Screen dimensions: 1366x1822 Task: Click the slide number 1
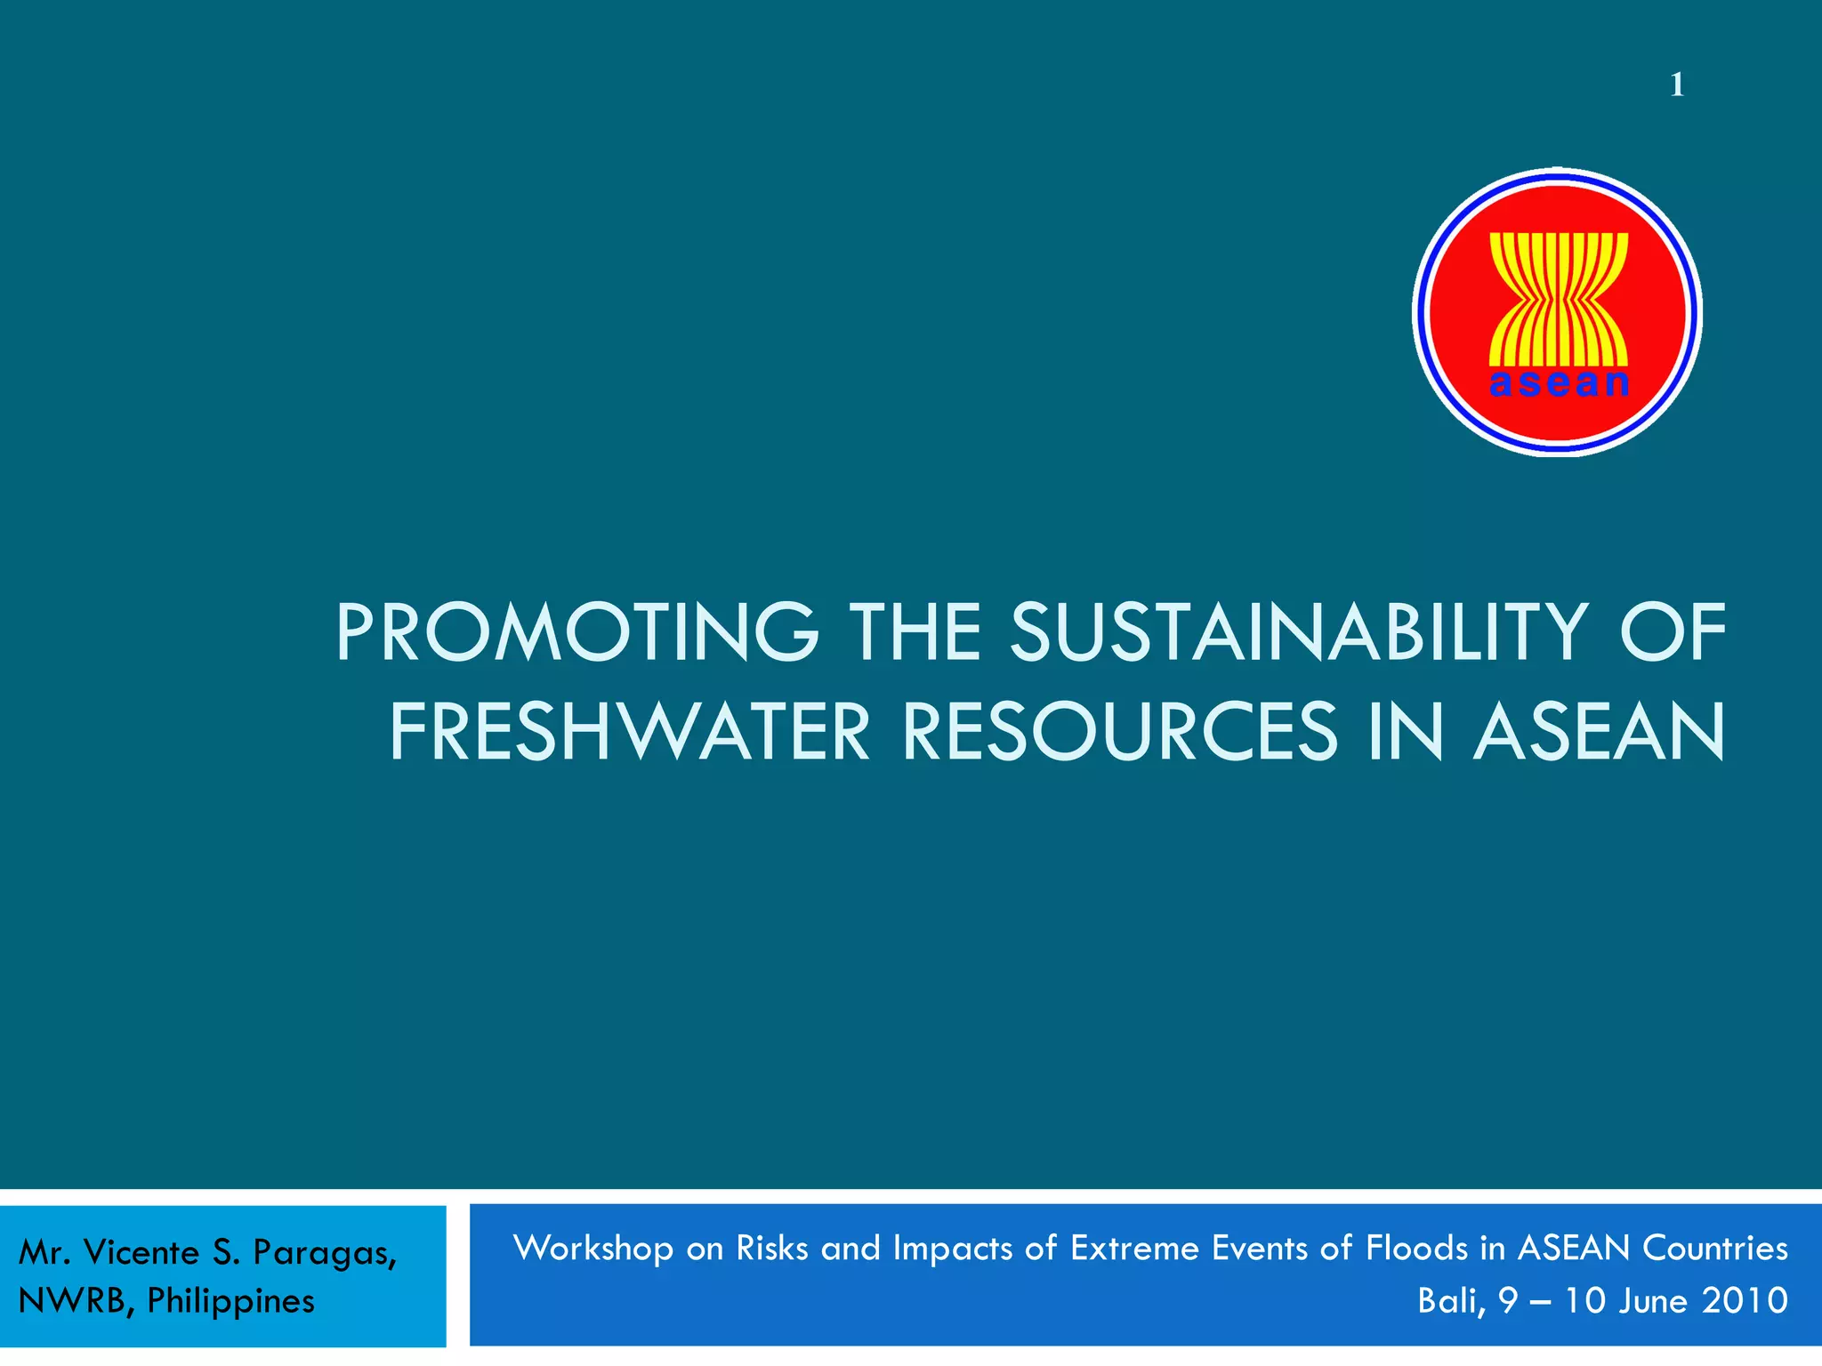[1677, 85]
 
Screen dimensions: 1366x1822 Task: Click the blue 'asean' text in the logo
[1559, 383]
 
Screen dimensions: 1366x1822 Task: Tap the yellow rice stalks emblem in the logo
[1559, 297]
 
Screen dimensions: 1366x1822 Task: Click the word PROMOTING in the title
[576, 632]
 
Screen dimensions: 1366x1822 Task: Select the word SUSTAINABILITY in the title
[1299, 632]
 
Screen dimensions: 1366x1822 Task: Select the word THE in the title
[915, 632]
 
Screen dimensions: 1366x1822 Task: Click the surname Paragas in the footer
[324, 1253]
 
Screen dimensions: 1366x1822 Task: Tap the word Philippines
[230, 1302]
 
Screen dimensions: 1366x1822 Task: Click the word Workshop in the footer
[593, 1249]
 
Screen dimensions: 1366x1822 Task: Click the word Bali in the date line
[1450, 1301]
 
